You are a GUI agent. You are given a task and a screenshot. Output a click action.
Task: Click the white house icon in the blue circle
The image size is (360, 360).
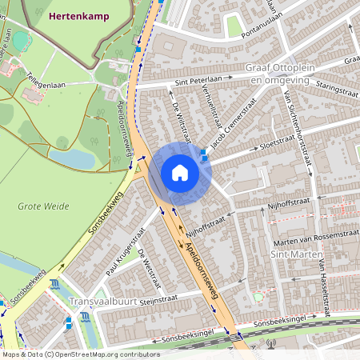point(180,173)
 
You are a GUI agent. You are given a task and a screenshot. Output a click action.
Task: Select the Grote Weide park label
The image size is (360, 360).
point(40,206)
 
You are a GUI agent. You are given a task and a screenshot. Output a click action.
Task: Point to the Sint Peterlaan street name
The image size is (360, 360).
point(197,81)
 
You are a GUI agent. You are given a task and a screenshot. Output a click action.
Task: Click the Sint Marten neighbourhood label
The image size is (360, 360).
point(291,254)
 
